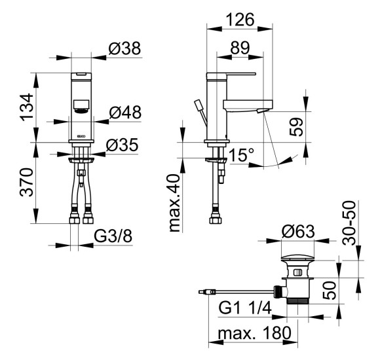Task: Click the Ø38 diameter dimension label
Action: [x=124, y=48]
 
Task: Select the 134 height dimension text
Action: [x=27, y=107]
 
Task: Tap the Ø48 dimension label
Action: [x=125, y=113]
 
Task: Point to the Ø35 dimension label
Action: [x=122, y=145]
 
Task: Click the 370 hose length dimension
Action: [x=27, y=182]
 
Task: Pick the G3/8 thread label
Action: [x=113, y=236]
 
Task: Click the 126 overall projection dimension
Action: [x=240, y=20]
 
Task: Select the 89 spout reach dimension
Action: [x=240, y=48]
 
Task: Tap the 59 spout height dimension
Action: [x=296, y=126]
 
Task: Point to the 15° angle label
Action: [x=241, y=155]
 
